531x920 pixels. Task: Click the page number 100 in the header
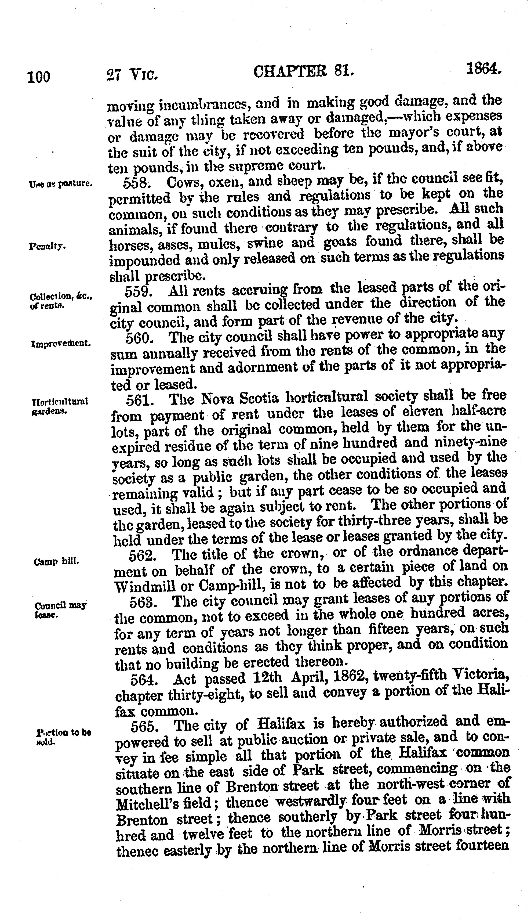(x=39, y=76)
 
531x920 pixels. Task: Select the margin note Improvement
(x=61, y=344)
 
